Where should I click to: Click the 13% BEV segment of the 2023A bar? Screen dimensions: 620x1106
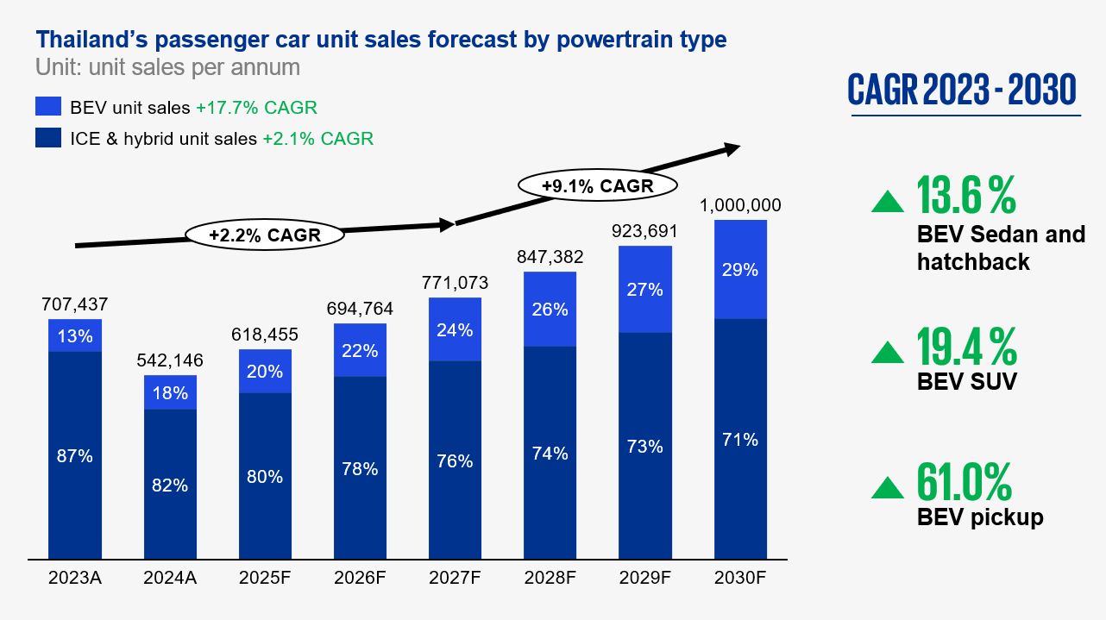75,335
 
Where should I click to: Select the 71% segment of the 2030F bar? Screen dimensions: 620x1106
740,440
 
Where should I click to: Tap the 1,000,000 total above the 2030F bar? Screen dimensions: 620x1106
740,205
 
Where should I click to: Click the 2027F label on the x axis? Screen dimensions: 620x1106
455,579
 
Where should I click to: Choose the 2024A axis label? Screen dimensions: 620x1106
170,579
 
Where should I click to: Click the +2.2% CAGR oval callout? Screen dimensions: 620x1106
264,234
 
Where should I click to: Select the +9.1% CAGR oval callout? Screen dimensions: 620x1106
597,185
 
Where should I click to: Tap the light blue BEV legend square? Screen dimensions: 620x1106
48,107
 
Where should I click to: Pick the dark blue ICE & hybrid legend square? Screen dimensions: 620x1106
48,138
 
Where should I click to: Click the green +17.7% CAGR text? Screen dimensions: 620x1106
256,108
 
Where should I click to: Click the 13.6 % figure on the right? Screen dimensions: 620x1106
966,196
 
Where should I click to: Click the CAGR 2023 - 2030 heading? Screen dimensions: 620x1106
962,90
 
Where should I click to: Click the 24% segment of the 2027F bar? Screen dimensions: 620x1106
455,329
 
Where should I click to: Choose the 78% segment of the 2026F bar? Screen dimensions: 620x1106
360,468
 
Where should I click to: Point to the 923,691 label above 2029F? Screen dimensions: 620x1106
644,231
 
